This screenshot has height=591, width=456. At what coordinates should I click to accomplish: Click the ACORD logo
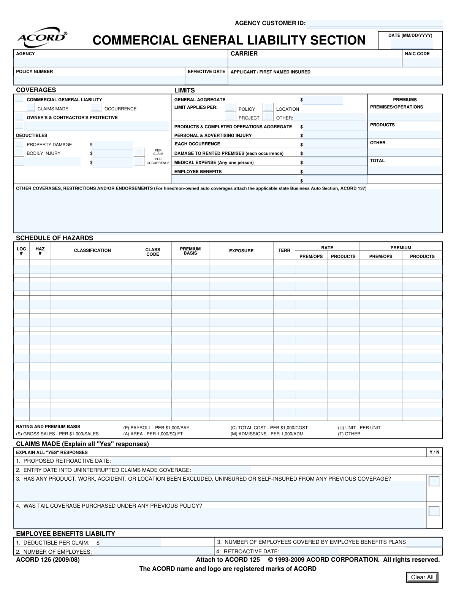coord(42,37)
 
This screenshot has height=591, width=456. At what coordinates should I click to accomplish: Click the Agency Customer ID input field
coord(375,24)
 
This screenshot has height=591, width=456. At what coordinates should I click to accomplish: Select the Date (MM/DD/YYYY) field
coord(412,43)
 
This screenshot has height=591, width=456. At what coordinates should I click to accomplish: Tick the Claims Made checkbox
coord(31,108)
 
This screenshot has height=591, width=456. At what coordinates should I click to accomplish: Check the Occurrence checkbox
coord(97,108)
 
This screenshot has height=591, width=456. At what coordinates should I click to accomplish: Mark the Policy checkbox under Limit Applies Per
coord(231,108)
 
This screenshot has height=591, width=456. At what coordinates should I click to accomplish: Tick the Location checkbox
coord(268,108)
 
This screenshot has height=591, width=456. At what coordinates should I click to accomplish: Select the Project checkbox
coord(231,117)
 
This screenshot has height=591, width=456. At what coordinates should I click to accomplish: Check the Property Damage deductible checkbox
coord(19,144)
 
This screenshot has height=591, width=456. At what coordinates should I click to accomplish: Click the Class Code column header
coord(153,252)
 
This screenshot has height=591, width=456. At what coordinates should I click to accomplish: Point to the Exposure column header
coord(241,251)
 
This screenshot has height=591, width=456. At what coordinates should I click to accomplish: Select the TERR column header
coord(284,250)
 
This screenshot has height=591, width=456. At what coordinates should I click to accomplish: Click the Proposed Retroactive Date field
coord(141,461)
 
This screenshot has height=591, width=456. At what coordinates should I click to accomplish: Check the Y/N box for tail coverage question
coord(434,511)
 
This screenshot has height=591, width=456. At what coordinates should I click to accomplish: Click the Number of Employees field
coord(152,552)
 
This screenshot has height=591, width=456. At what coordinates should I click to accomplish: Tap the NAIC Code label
coord(417,54)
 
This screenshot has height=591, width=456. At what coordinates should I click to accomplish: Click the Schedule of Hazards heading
coord(54,238)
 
